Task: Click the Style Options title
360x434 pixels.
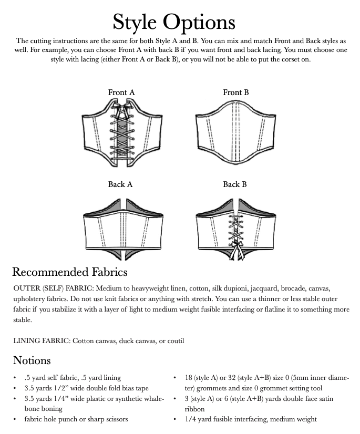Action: [174, 22]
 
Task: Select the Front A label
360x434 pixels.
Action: [121, 92]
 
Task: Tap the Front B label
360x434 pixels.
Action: [236, 92]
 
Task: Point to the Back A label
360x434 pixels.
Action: [120, 184]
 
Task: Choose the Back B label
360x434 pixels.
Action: [235, 184]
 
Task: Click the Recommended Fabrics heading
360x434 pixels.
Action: [70, 272]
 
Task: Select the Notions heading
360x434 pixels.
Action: [32, 360]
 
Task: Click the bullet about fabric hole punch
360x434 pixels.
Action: [76, 419]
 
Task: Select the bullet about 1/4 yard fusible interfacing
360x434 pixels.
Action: [251, 419]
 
